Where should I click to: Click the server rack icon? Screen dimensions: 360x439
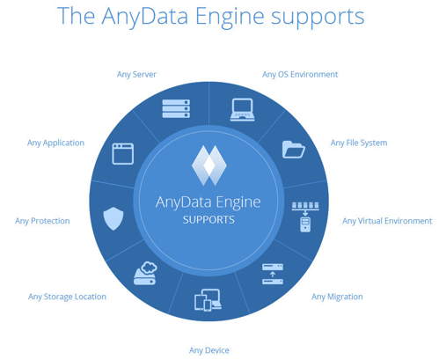pyautogui.click(x=176, y=109)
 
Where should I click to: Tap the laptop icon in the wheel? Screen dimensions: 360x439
pyautogui.click(x=243, y=110)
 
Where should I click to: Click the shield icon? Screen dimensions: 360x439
pyautogui.click(x=113, y=217)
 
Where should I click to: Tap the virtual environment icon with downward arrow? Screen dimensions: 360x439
pyautogui.click(x=304, y=215)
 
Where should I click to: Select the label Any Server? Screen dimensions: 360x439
pyautogui.click(x=136, y=74)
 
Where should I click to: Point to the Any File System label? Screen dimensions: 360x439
pyautogui.click(x=359, y=143)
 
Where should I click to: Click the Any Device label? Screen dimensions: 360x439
pyautogui.click(x=209, y=350)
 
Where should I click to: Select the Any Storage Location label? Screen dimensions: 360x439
pyautogui.click(x=67, y=297)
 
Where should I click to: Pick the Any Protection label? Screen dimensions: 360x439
pyautogui.click(x=42, y=221)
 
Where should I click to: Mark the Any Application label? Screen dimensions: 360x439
pyautogui.click(x=56, y=143)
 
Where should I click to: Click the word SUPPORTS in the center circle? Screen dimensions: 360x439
pyautogui.click(x=209, y=219)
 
